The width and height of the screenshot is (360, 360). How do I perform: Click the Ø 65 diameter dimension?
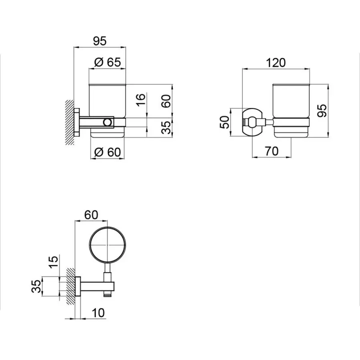[107, 62]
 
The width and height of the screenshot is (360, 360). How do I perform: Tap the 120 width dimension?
[276, 62]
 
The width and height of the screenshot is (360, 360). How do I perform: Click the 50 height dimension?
[225, 122]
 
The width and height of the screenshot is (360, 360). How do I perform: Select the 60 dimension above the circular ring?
[92, 214]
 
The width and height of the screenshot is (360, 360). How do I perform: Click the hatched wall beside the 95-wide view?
[69, 122]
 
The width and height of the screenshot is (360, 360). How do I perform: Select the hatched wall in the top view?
[70, 286]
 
